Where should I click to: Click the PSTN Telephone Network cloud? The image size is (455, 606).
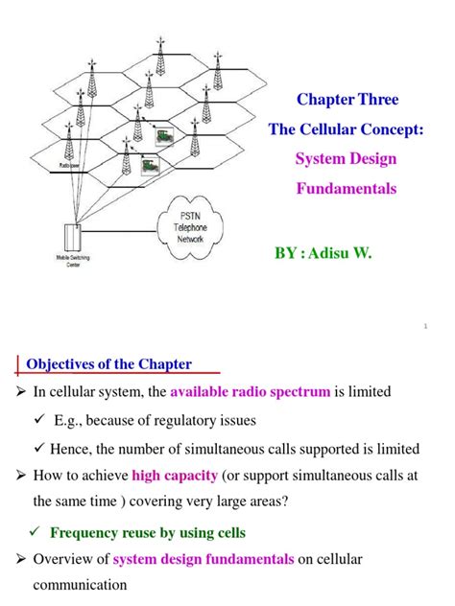[x=198, y=231]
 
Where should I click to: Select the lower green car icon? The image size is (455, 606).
[x=148, y=167]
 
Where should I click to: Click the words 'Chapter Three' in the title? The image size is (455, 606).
[x=347, y=100]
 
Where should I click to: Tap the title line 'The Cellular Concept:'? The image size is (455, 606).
[x=347, y=129]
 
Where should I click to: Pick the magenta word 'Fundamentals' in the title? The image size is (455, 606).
[x=346, y=189]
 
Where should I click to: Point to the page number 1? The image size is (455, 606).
[x=424, y=326]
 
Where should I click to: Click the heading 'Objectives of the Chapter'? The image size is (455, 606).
[x=108, y=364]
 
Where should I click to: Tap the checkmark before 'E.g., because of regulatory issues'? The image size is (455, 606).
[x=38, y=420]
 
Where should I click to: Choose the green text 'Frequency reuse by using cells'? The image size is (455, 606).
[x=148, y=532]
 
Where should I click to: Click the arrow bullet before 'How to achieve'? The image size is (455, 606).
[x=17, y=476]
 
